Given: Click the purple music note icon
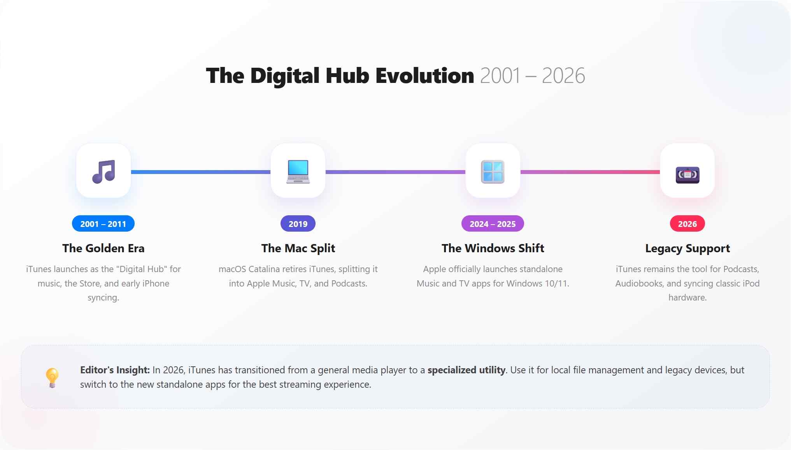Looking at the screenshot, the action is (x=103, y=171).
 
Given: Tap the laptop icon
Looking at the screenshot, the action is (x=298, y=171).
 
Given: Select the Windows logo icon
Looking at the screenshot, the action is (x=493, y=171).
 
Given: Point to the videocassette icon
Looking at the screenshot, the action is (x=688, y=175).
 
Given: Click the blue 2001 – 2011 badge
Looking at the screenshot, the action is (x=103, y=223).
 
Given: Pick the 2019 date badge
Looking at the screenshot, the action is (x=298, y=223).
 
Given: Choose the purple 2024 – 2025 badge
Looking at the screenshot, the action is (x=493, y=223).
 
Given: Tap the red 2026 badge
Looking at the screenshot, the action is (x=688, y=223).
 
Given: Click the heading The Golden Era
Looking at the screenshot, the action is (x=103, y=248).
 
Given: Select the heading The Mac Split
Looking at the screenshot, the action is (x=298, y=248).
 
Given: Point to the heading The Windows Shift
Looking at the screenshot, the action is (x=493, y=248).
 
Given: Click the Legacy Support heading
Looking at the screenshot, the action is (x=688, y=249).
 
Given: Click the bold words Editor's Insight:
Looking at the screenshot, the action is (x=115, y=370).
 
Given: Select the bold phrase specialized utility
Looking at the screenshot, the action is (x=467, y=370).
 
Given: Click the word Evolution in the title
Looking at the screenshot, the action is (x=425, y=75).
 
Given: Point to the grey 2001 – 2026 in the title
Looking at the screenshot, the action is (x=533, y=76).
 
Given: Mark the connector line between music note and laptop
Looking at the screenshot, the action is (x=201, y=172).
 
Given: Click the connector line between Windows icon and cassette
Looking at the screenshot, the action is (x=590, y=172).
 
